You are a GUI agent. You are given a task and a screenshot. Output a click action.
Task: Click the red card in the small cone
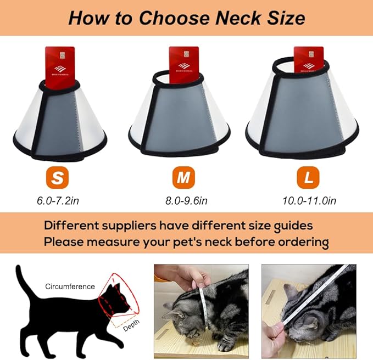[60, 68]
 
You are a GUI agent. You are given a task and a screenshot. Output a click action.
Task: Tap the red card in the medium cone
[183, 65]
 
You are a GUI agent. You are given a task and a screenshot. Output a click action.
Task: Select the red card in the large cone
[308, 63]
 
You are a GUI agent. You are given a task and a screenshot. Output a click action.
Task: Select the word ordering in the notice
[302, 241]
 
